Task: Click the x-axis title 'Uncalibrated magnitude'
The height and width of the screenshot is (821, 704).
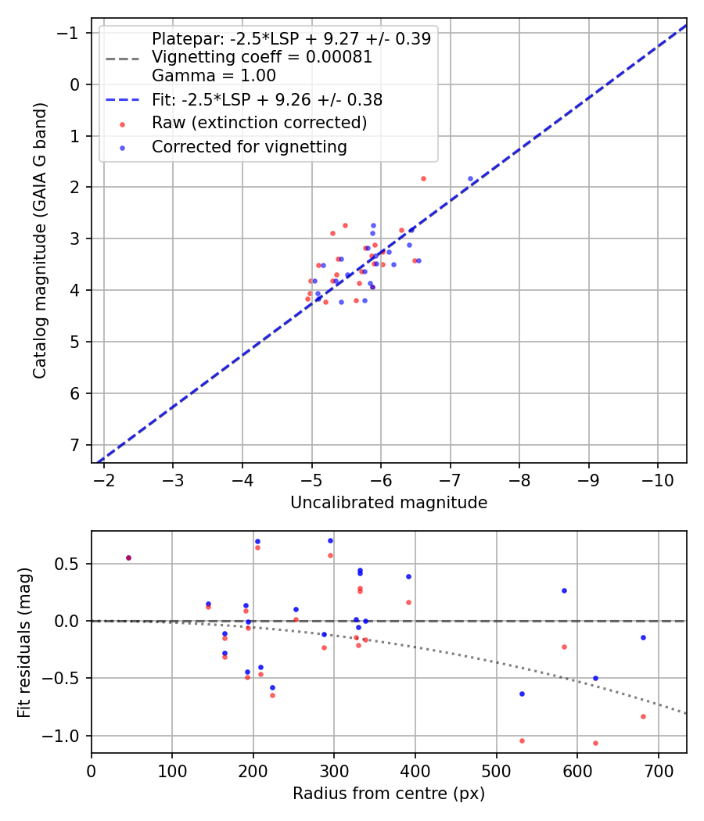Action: tap(389, 503)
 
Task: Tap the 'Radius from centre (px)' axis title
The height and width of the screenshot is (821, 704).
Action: tap(389, 794)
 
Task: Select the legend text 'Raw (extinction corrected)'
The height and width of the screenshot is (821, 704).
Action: tap(259, 123)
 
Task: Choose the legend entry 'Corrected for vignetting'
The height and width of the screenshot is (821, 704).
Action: tap(249, 146)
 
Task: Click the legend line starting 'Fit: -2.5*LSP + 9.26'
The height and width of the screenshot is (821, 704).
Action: tap(267, 100)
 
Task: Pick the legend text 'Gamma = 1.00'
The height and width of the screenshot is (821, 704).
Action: tap(214, 76)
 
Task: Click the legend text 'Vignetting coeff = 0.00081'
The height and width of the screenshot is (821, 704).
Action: tap(262, 57)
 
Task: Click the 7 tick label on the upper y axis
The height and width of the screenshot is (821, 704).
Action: tap(76, 444)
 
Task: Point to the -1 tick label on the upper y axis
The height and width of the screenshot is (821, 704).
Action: tap(72, 32)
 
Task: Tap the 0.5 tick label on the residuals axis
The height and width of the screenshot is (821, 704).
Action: tap(70, 564)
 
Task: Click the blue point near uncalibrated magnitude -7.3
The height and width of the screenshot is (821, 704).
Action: tap(470, 178)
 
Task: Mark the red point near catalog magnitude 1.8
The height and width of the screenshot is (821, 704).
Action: tap(423, 178)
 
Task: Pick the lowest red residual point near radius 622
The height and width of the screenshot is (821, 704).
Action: tap(595, 743)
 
